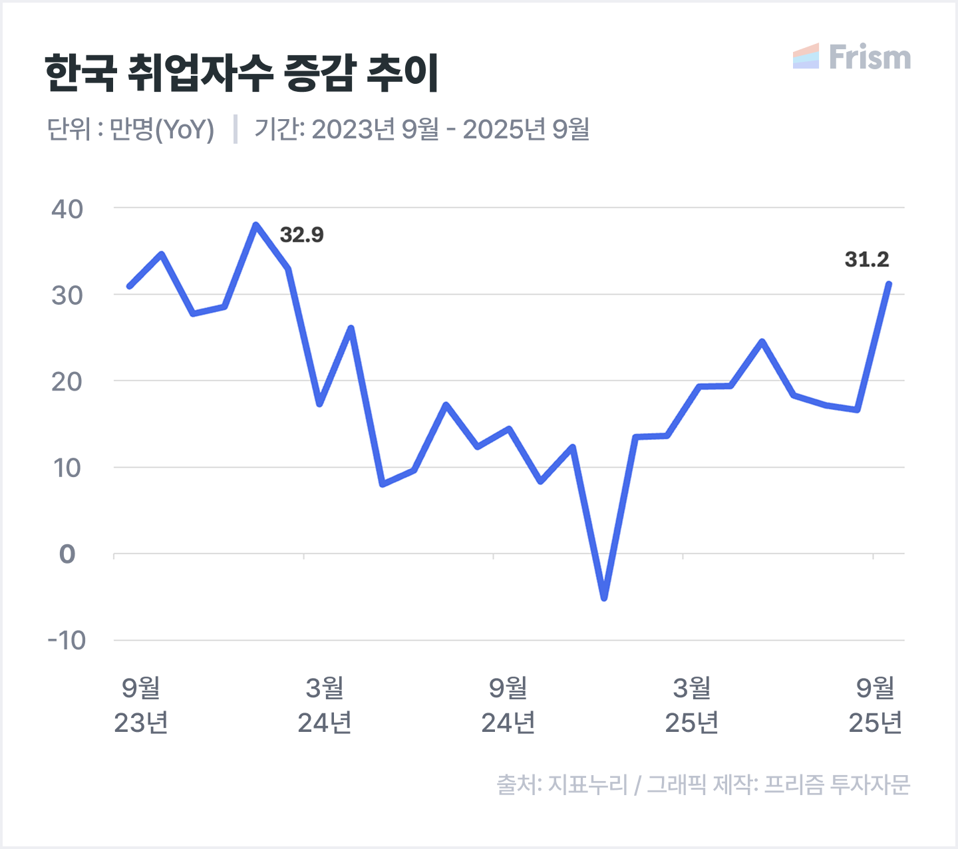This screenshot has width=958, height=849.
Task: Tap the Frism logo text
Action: pos(870,57)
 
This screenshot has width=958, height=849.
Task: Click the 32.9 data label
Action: pos(301,235)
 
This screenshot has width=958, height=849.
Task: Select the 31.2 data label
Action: pos(866,259)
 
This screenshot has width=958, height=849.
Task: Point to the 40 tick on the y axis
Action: pos(67,209)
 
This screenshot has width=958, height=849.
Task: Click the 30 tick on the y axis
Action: pos(67,295)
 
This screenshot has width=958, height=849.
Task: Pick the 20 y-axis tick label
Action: pos(67,382)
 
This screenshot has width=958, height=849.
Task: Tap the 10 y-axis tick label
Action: pos(67,468)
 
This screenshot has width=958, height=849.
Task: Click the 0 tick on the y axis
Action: pos(67,554)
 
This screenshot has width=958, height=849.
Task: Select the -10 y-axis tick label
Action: pos(67,641)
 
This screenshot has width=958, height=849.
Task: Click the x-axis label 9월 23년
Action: pos(141,705)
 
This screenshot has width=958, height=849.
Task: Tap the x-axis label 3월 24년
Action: pos(325,705)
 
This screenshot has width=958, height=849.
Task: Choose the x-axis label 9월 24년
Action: pos(508,705)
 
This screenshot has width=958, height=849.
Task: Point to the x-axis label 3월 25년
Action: pos(692,705)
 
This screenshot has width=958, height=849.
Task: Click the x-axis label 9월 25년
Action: pos(876,705)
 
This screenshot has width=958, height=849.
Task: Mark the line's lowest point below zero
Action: pos(604,598)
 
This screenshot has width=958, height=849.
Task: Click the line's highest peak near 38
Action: pos(256,225)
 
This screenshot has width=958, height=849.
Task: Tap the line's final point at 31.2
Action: pos(889,284)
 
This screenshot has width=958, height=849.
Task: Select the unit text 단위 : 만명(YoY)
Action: pos(131,129)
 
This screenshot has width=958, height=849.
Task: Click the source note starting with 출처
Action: pos(703,784)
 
